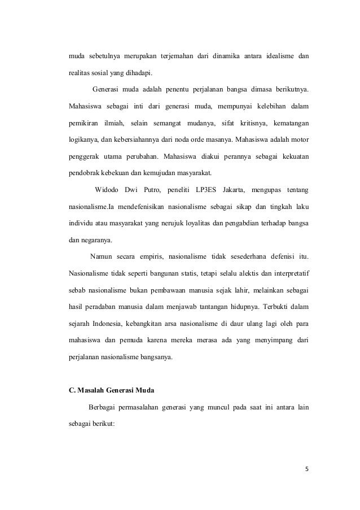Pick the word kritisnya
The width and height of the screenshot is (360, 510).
tap(252, 122)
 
